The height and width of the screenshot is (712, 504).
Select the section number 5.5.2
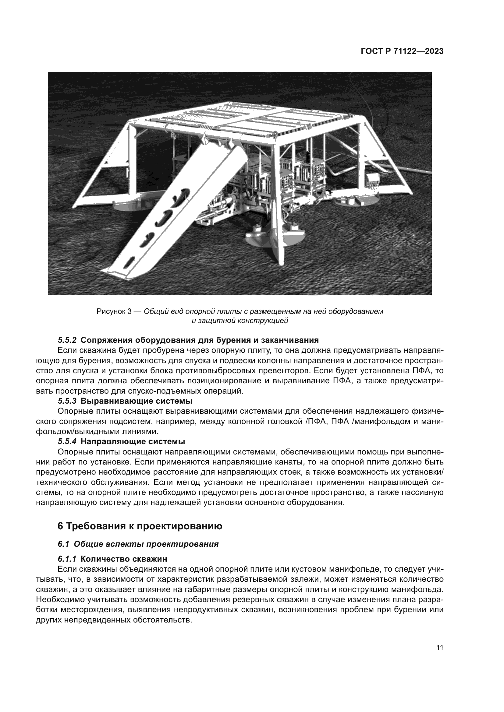click(67, 340)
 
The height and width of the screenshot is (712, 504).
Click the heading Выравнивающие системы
click(136, 401)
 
